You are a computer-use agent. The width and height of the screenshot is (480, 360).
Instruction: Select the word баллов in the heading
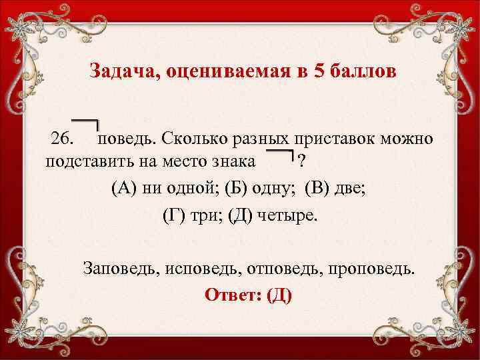click(x=363, y=71)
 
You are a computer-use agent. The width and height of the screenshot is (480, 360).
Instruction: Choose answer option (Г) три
click(x=191, y=215)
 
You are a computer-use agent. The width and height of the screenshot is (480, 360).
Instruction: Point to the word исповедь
click(x=199, y=269)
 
